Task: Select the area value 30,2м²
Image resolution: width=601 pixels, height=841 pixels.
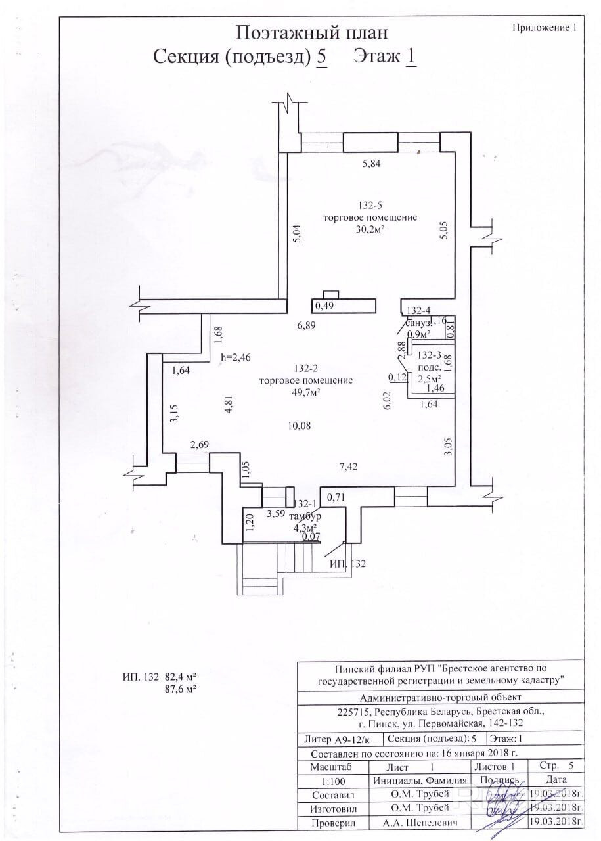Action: click(x=370, y=230)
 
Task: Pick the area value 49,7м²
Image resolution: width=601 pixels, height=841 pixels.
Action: click(x=306, y=393)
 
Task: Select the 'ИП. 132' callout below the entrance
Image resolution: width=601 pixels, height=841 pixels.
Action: click(x=347, y=564)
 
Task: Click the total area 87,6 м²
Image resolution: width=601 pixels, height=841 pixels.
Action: click(x=179, y=689)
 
